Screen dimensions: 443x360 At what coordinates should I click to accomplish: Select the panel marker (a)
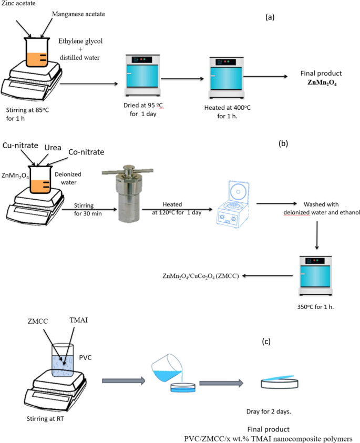271,17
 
